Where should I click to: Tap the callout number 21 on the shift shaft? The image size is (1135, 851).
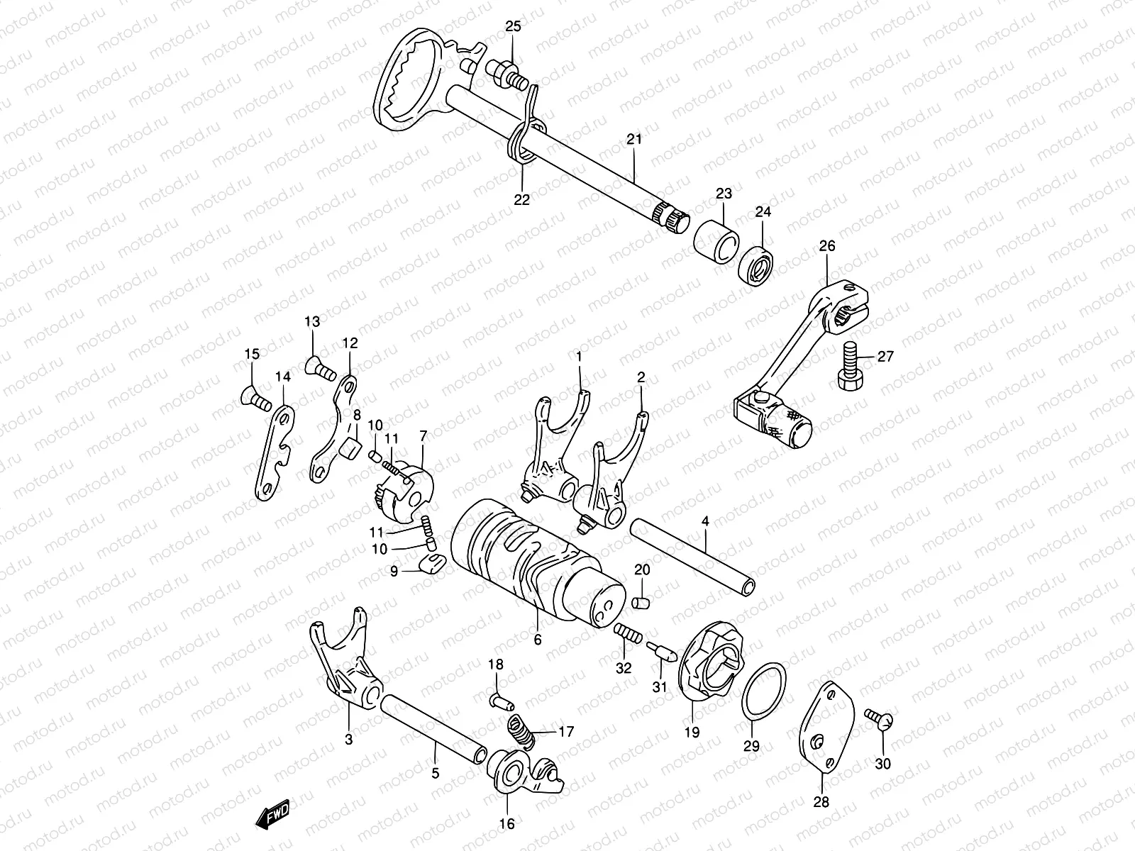(x=633, y=139)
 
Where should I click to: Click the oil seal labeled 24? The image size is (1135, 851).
(x=756, y=265)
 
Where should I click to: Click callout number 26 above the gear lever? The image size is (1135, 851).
(x=827, y=246)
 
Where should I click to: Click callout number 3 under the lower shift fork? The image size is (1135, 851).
(x=348, y=740)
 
